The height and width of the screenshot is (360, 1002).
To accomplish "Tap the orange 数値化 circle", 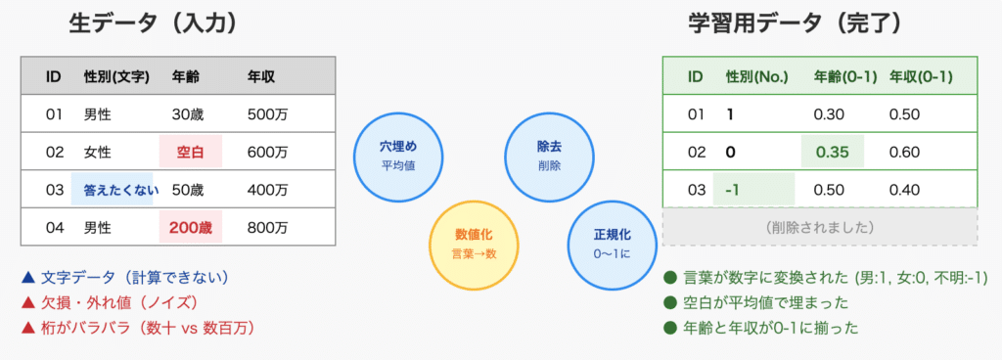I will [474, 244].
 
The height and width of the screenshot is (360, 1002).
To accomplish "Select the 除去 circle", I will [549, 156].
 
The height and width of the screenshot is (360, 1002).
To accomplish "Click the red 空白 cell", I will [190, 152].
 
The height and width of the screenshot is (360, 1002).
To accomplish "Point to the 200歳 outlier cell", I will [190, 228].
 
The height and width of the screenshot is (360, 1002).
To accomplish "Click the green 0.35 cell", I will [834, 152].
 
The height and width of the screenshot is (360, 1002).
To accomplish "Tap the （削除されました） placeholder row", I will [820, 227].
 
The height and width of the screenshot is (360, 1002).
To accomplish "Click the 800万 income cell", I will [267, 228].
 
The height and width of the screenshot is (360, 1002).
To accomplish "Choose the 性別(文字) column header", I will [116, 75].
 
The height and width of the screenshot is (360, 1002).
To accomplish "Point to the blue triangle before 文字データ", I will [26, 277].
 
